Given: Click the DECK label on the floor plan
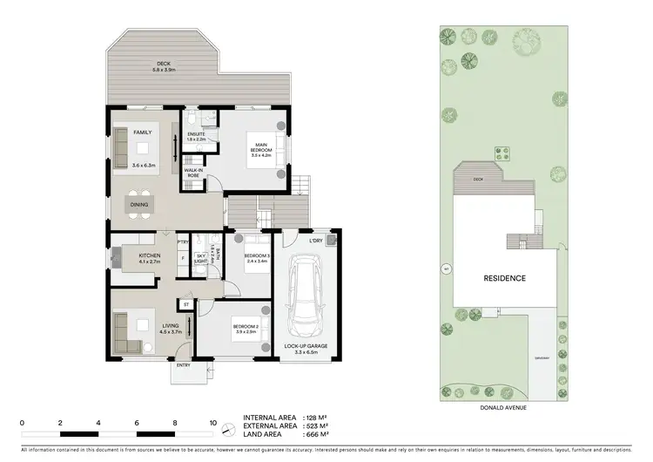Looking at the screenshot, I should (163, 64).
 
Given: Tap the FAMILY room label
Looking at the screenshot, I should (143, 132).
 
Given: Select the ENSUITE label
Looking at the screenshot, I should (196, 133).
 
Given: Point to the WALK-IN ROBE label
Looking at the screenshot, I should (193, 173).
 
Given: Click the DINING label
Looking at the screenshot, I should (139, 205).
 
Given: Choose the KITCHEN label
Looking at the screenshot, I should (139, 256).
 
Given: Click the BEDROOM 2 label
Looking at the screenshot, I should (244, 330).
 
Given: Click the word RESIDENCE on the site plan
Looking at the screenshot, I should (504, 278).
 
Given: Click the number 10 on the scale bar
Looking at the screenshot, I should (213, 422).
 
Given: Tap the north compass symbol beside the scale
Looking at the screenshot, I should (228, 430).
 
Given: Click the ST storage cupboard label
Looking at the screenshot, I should (185, 303).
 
